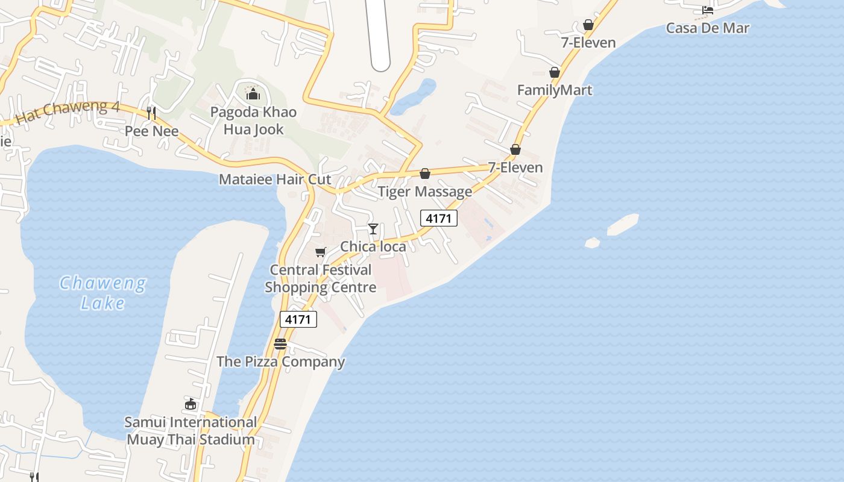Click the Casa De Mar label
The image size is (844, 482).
[x=707, y=28]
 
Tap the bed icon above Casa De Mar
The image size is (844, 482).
[x=708, y=10]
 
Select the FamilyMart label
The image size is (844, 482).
[x=555, y=90]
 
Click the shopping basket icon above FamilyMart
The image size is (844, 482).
[x=555, y=73]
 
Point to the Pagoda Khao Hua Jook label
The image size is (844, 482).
[x=253, y=120]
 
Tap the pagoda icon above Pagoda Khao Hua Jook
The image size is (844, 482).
[x=253, y=94]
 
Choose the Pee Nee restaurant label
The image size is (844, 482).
[x=151, y=131]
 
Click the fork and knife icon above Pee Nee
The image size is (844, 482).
[x=151, y=113]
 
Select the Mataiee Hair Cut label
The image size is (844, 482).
[x=275, y=179]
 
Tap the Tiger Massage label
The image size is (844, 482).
[x=425, y=192]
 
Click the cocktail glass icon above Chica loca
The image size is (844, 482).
[x=373, y=229]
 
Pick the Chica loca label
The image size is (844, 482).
[x=373, y=246]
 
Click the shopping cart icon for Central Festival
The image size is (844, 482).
[x=320, y=252]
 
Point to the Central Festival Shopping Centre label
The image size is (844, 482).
[x=320, y=278]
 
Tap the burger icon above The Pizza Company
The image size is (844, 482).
[x=280, y=344]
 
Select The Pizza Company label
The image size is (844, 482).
[x=280, y=361]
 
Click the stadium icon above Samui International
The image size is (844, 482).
[x=191, y=404]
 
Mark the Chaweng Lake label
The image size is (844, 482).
[x=102, y=292]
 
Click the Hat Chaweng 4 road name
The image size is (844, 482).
[x=67, y=112]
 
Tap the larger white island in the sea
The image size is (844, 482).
[x=622, y=225]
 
